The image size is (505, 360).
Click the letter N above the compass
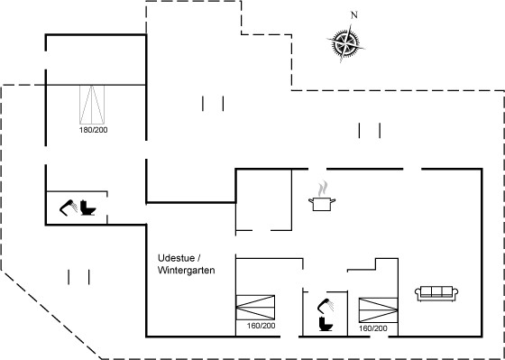pos(354,14)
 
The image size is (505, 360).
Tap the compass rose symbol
pos(345,43)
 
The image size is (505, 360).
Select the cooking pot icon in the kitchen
pos(322,204)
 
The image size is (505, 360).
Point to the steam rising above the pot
pos(323,189)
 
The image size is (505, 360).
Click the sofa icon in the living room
pos(436,293)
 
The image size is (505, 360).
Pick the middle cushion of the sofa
pos(436,291)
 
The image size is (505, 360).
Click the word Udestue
pos(176,258)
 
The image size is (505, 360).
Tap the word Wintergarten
pos(186,270)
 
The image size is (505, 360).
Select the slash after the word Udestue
pos(199,258)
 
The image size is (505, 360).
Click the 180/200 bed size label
pos(94,130)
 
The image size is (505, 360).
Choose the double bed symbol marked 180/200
pos(92,105)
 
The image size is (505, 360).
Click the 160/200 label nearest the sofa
pos(373,328)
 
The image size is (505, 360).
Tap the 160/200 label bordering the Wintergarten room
pos(262,326)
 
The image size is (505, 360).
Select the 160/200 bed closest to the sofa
pos(378,310)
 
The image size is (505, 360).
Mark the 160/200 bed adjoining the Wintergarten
pos(255,308)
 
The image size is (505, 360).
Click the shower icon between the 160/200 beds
pos(326,305)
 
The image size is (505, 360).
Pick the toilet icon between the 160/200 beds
pos(326,324)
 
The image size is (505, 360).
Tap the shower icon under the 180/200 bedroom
pos(69,208)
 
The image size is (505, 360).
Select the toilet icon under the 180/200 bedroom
pos(87,208)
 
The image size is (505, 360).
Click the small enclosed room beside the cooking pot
pos(263,199)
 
